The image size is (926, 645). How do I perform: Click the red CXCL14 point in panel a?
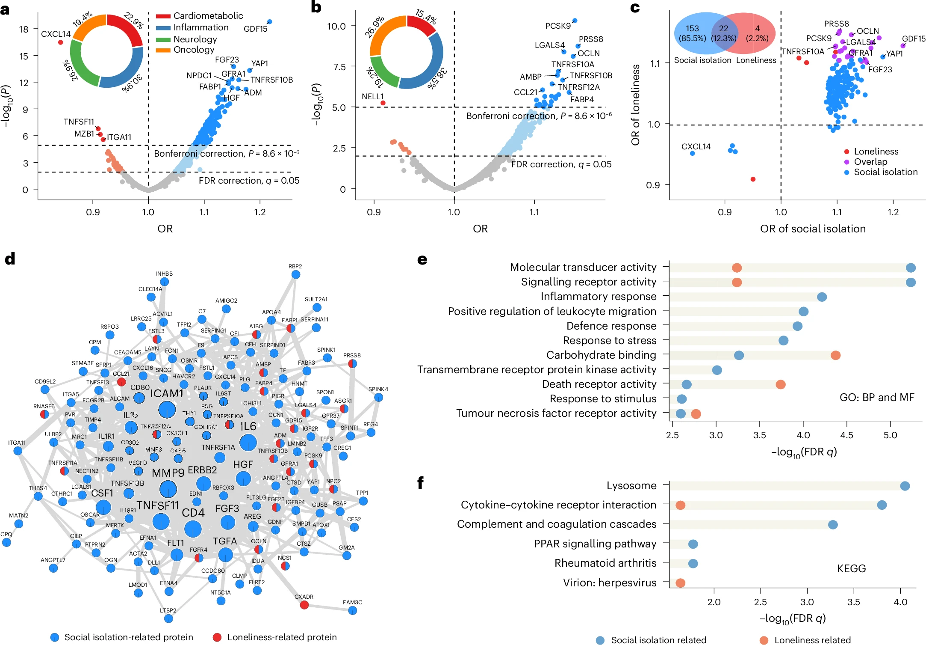[60, 42]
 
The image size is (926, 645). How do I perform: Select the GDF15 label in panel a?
[255, 29]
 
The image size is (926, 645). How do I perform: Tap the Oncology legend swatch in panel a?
[163, 50]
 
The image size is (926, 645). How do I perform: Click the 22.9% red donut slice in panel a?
[128, 28]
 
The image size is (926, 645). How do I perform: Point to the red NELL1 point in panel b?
[383, 103]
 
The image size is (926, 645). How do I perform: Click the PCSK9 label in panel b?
[558, 26]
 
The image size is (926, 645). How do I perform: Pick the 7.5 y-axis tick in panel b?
[336, 67]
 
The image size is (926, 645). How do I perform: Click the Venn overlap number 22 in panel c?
[723, 28]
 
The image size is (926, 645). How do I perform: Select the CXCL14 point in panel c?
[692, 153]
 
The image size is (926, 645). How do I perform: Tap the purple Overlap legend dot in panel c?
[846, 162]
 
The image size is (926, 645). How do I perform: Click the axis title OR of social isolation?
[813, 229]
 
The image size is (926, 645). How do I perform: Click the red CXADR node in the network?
[304, 605]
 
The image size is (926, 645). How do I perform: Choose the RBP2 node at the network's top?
[295, 274]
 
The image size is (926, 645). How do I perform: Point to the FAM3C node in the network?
[352, 610]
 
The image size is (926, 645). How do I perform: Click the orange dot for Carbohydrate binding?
[835, 355]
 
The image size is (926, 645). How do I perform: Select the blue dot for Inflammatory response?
[822, 297]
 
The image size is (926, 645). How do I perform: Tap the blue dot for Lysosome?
[905, 486]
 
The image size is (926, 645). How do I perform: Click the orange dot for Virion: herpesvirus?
[680, 583]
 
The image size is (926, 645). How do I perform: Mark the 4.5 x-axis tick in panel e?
[846, 435]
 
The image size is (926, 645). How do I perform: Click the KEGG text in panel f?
[851, 568]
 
